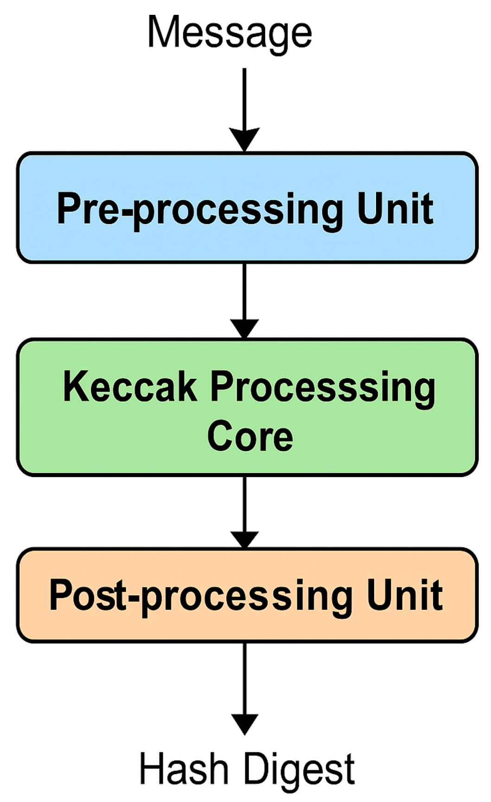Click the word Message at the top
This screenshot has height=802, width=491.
(x=230, y=32)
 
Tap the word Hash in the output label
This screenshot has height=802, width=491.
(x=184, y=769)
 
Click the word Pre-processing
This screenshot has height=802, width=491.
(x=200, y=210)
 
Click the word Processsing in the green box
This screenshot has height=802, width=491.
(x=323, y=388)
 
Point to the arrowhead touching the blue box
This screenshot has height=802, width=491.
(x=244, y=140)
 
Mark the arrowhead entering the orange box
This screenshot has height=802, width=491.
(x=244, y=539)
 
